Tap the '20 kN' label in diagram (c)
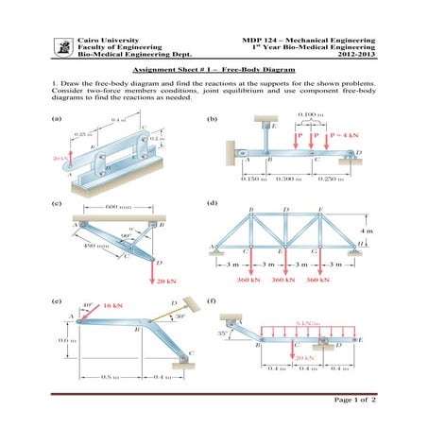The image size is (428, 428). pos(166,281)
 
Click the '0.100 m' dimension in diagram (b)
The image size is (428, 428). pos(308,114)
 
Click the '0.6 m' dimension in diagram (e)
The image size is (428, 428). pos(66,340)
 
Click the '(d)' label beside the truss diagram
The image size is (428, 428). pos(213,203)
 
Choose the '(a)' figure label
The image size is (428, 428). pos(56,118)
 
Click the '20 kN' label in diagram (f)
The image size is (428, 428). pos(304,359)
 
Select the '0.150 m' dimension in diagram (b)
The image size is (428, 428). pos(252,179)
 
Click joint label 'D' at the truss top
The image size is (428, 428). pos(285,208)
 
